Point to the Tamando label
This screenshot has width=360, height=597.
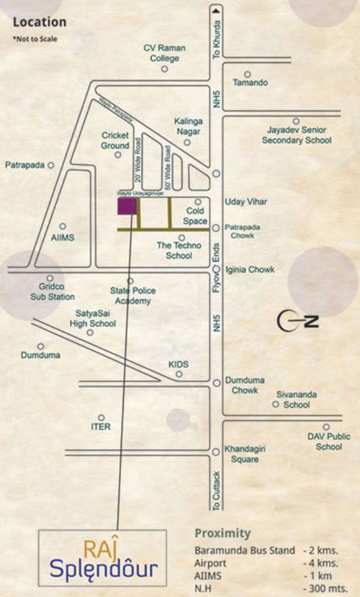click(250, 82)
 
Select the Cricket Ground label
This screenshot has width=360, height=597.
click(114, 140)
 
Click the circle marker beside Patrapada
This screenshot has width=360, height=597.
click(51, 166)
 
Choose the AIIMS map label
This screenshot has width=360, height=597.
click(61, 238)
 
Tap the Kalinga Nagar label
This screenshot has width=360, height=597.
click(188, 126)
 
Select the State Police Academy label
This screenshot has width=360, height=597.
click(133, 295)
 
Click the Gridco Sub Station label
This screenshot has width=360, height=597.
click(52, 292)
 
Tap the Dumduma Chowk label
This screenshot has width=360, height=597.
click(244, 385)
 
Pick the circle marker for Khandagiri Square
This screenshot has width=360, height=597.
click(215, 451)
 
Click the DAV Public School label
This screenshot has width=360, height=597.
click(329, 442)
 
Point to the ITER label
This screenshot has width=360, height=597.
click(101, 428)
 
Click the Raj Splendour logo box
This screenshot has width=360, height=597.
click(103, 559)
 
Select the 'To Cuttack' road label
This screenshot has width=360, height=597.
click(217, 490)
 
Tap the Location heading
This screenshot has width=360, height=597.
click(40, 23)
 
